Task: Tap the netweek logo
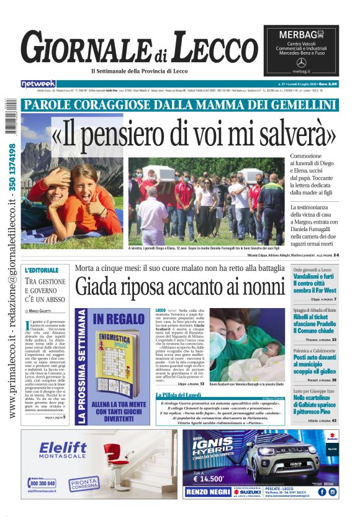(x=38, y=84)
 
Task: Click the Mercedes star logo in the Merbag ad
(x=302, y=63)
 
